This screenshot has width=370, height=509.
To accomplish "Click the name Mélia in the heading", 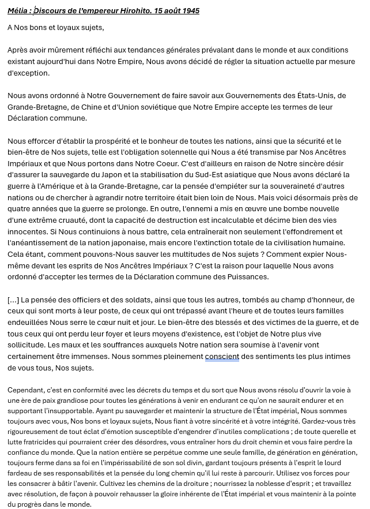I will (x=18, y=10).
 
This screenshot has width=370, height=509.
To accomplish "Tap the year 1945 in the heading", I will (x=190, y=10).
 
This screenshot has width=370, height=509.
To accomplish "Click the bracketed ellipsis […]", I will (x=13, y=300).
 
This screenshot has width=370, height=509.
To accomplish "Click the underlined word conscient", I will (x=222, y=357).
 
